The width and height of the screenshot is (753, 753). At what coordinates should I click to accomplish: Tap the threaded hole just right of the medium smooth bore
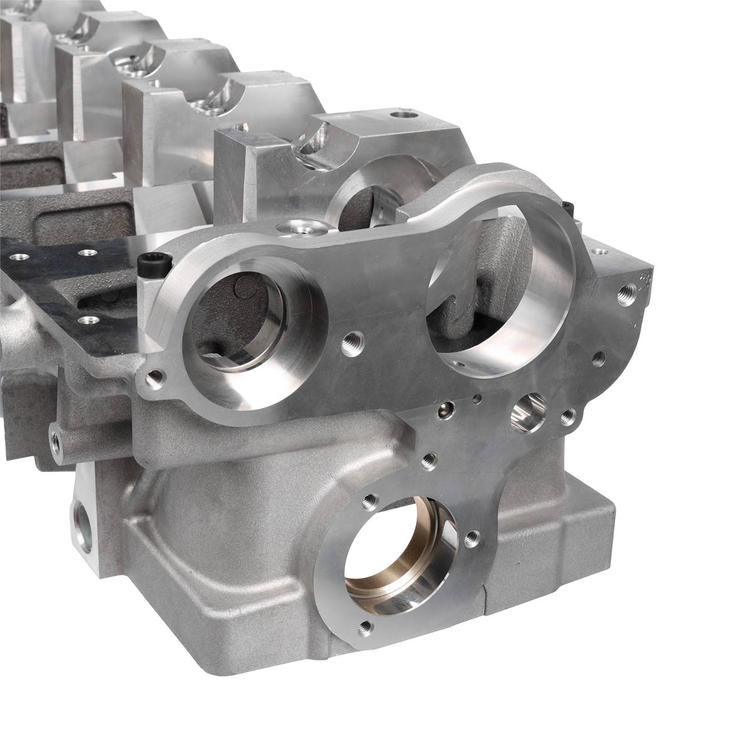click(568, 416)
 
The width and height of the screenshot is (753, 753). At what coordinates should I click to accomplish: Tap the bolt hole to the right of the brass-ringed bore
click(472, 538)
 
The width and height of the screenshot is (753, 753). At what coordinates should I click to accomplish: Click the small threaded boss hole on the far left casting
click(57, 442)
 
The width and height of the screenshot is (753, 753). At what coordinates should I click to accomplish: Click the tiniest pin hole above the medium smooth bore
click(478, 397)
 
